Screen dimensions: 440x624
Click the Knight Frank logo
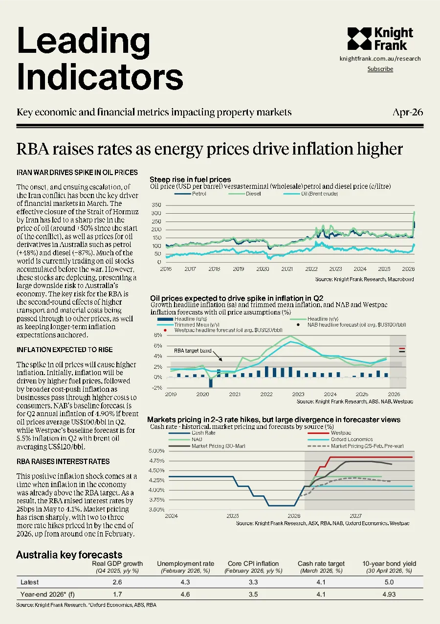(380, 39)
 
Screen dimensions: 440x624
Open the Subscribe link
(380, 69)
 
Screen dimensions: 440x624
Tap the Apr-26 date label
(408, 112)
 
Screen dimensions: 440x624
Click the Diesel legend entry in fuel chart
(244, 194)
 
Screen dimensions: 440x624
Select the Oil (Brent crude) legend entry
(310, 194)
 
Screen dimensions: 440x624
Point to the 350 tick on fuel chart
(156, 205)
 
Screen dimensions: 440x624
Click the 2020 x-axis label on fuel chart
(263, 269)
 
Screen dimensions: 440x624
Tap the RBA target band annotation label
(193, 351)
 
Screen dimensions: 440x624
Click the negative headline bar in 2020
(211, 382)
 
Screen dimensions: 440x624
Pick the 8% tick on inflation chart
(158, 335)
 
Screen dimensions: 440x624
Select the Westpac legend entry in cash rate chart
(330, 433)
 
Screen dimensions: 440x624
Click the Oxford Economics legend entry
(340, 439)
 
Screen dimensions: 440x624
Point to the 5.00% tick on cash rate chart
(156, 451)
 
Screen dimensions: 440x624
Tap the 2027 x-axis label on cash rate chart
(355, 515)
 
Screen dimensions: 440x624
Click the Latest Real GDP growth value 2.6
(117, 582)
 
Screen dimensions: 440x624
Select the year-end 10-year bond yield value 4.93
(389, 595)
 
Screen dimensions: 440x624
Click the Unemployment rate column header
(185, 564)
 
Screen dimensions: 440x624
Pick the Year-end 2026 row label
(47, 595)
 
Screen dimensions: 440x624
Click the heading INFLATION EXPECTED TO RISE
(65, 350)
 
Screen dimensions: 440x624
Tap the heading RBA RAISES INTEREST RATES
(63, 462)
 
